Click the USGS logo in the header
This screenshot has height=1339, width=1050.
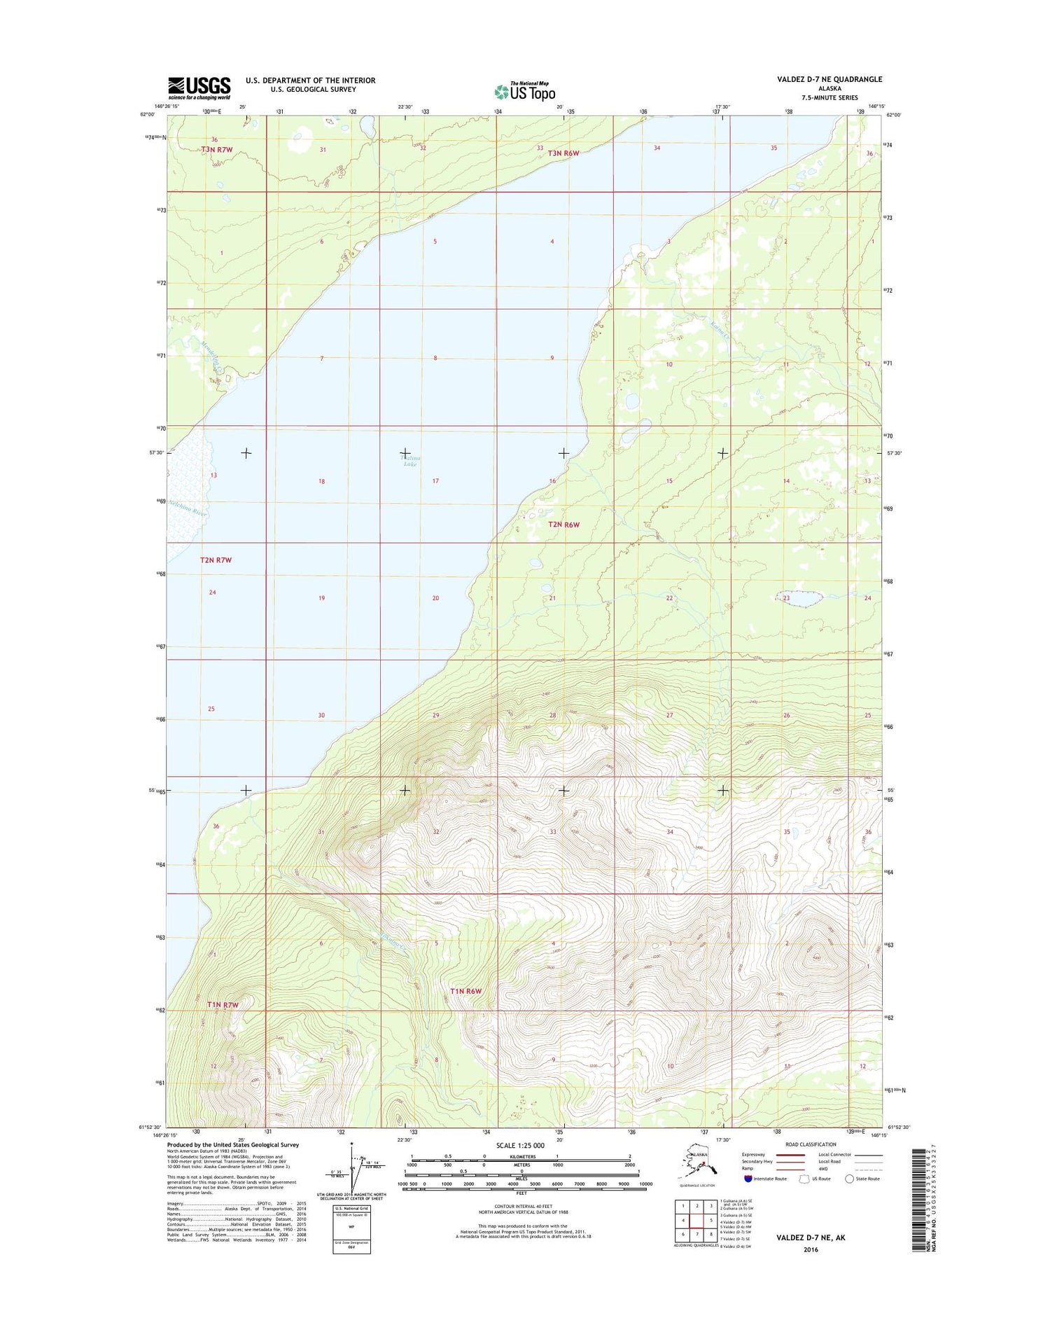click(x=199, y=88)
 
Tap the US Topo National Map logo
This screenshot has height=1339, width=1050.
click(x=525, y=92)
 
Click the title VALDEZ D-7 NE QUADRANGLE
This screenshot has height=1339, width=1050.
click(x=829, y=80)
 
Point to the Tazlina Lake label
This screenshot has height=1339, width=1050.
click(x=410, y=461)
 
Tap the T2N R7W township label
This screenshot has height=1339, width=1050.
click(x=216, y=560)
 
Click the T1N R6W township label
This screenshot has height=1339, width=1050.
click(x=467, y=991)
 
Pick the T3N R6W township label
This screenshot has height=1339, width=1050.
click(x=564, y=153)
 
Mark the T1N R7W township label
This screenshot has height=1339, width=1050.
click(x=223, y=1005)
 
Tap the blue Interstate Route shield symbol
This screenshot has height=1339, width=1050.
click(x=748, y=1179)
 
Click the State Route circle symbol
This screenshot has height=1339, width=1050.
click(x=849, y=1179)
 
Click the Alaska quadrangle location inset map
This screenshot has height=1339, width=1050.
click(x=698, y=1167)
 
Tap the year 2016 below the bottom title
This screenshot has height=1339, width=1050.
click(x=811, y=1249)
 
